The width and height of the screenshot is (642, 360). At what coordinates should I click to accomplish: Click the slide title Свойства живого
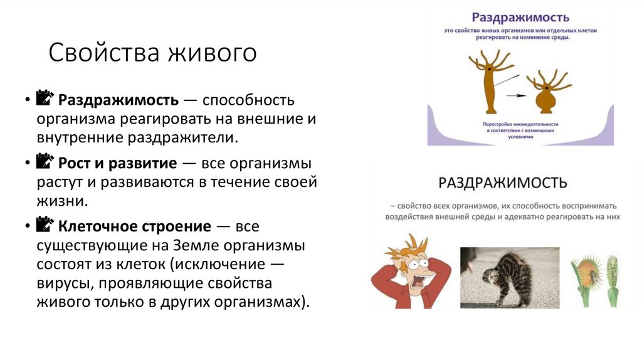(153, 53)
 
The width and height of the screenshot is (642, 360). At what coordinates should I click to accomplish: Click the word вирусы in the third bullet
(63, 283)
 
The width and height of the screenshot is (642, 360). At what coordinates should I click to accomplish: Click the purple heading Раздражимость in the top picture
(520, 18)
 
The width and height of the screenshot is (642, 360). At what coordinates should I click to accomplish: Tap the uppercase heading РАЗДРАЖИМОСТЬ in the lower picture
(503, 183)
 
